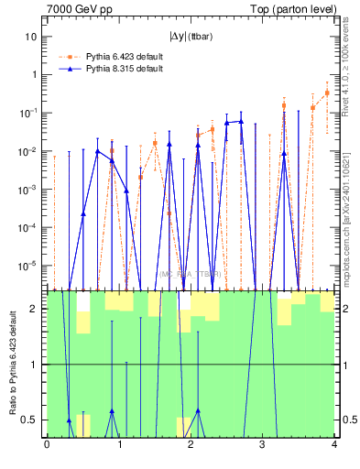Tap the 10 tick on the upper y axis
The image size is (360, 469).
31,37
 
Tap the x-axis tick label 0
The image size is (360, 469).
47,446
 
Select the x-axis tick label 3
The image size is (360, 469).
263,446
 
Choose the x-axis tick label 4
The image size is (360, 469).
334,446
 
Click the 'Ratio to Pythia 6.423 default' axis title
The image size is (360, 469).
12,364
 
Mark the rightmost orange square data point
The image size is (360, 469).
327,93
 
